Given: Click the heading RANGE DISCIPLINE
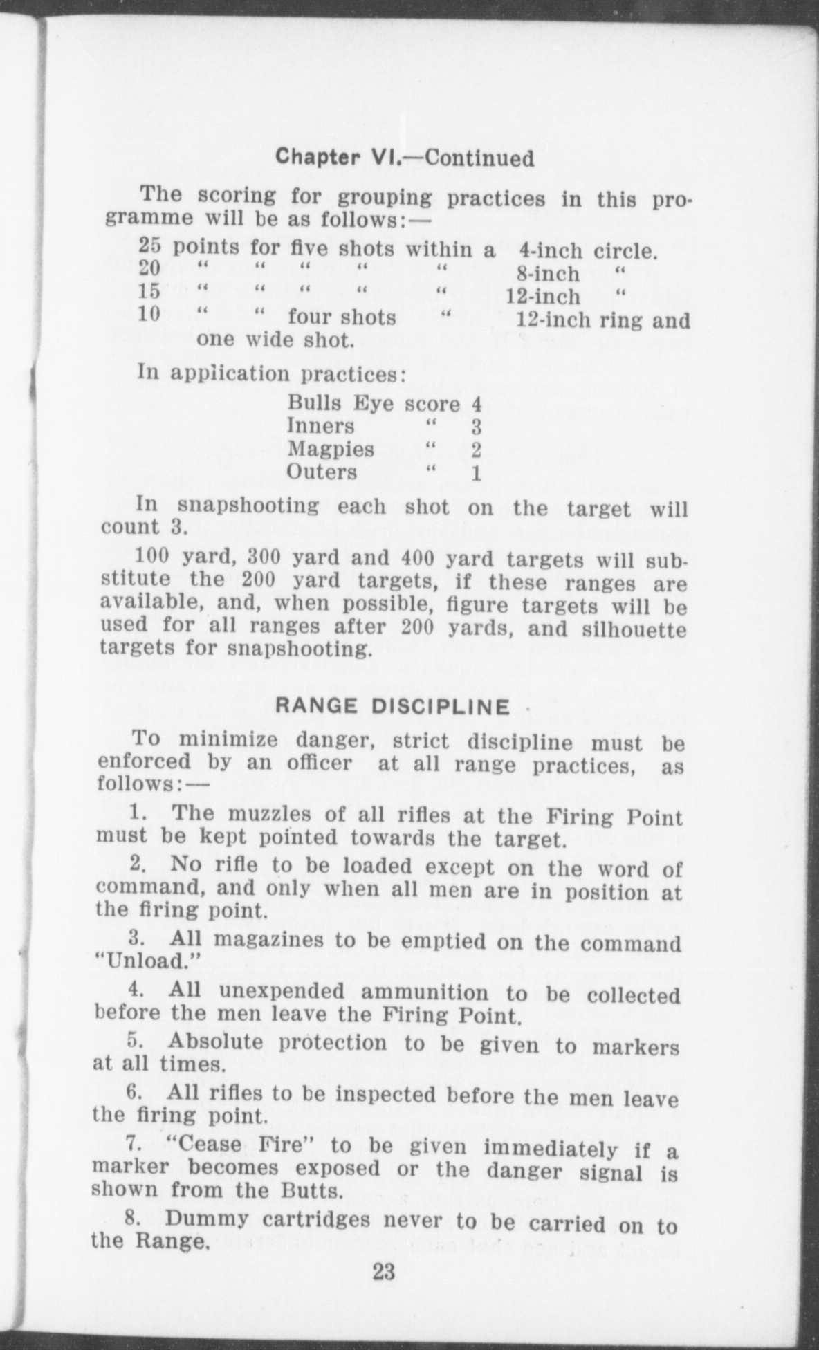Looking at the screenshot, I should (393, 707).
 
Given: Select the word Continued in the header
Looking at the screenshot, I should (479, 158).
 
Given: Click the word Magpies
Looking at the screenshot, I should (331, 450).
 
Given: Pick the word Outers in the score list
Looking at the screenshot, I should (322, 472).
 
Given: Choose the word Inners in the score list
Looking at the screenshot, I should (321, 426).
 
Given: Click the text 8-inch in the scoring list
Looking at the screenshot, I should (548, 274).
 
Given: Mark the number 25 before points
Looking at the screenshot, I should (150, 246).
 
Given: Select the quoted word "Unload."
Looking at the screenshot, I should (147, 961).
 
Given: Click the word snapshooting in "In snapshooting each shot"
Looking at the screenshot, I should (249, 506).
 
